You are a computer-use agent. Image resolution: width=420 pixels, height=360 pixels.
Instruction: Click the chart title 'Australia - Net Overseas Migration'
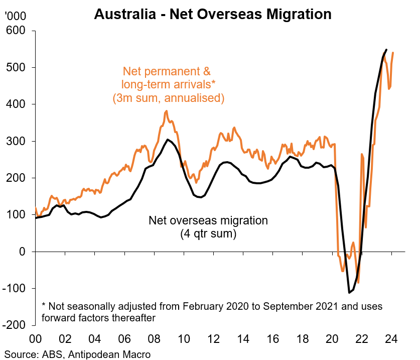click(213, 14)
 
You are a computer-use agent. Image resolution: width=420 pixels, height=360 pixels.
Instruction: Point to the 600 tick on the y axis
click(19, 31)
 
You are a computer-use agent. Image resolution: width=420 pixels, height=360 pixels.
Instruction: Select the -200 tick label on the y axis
click(17, 325)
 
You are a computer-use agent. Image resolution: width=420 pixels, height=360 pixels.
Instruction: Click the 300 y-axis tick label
click(19, 141)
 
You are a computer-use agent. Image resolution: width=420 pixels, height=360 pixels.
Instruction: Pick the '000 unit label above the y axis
click(15, 16)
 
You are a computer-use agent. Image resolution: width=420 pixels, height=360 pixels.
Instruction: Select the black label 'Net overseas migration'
click(208, 220)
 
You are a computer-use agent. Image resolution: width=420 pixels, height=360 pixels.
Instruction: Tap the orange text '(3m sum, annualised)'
click(168, 97)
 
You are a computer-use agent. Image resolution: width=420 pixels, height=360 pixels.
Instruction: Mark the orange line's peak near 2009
click(166, 111)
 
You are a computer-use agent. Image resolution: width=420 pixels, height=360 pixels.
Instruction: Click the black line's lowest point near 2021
click(349, 292)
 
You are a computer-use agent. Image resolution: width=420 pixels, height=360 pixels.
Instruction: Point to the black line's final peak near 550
click(386, 50)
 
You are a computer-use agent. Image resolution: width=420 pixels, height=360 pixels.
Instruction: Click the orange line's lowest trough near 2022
click(358, 283)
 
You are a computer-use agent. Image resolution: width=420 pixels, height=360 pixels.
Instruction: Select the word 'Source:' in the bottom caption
click(20, 353)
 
